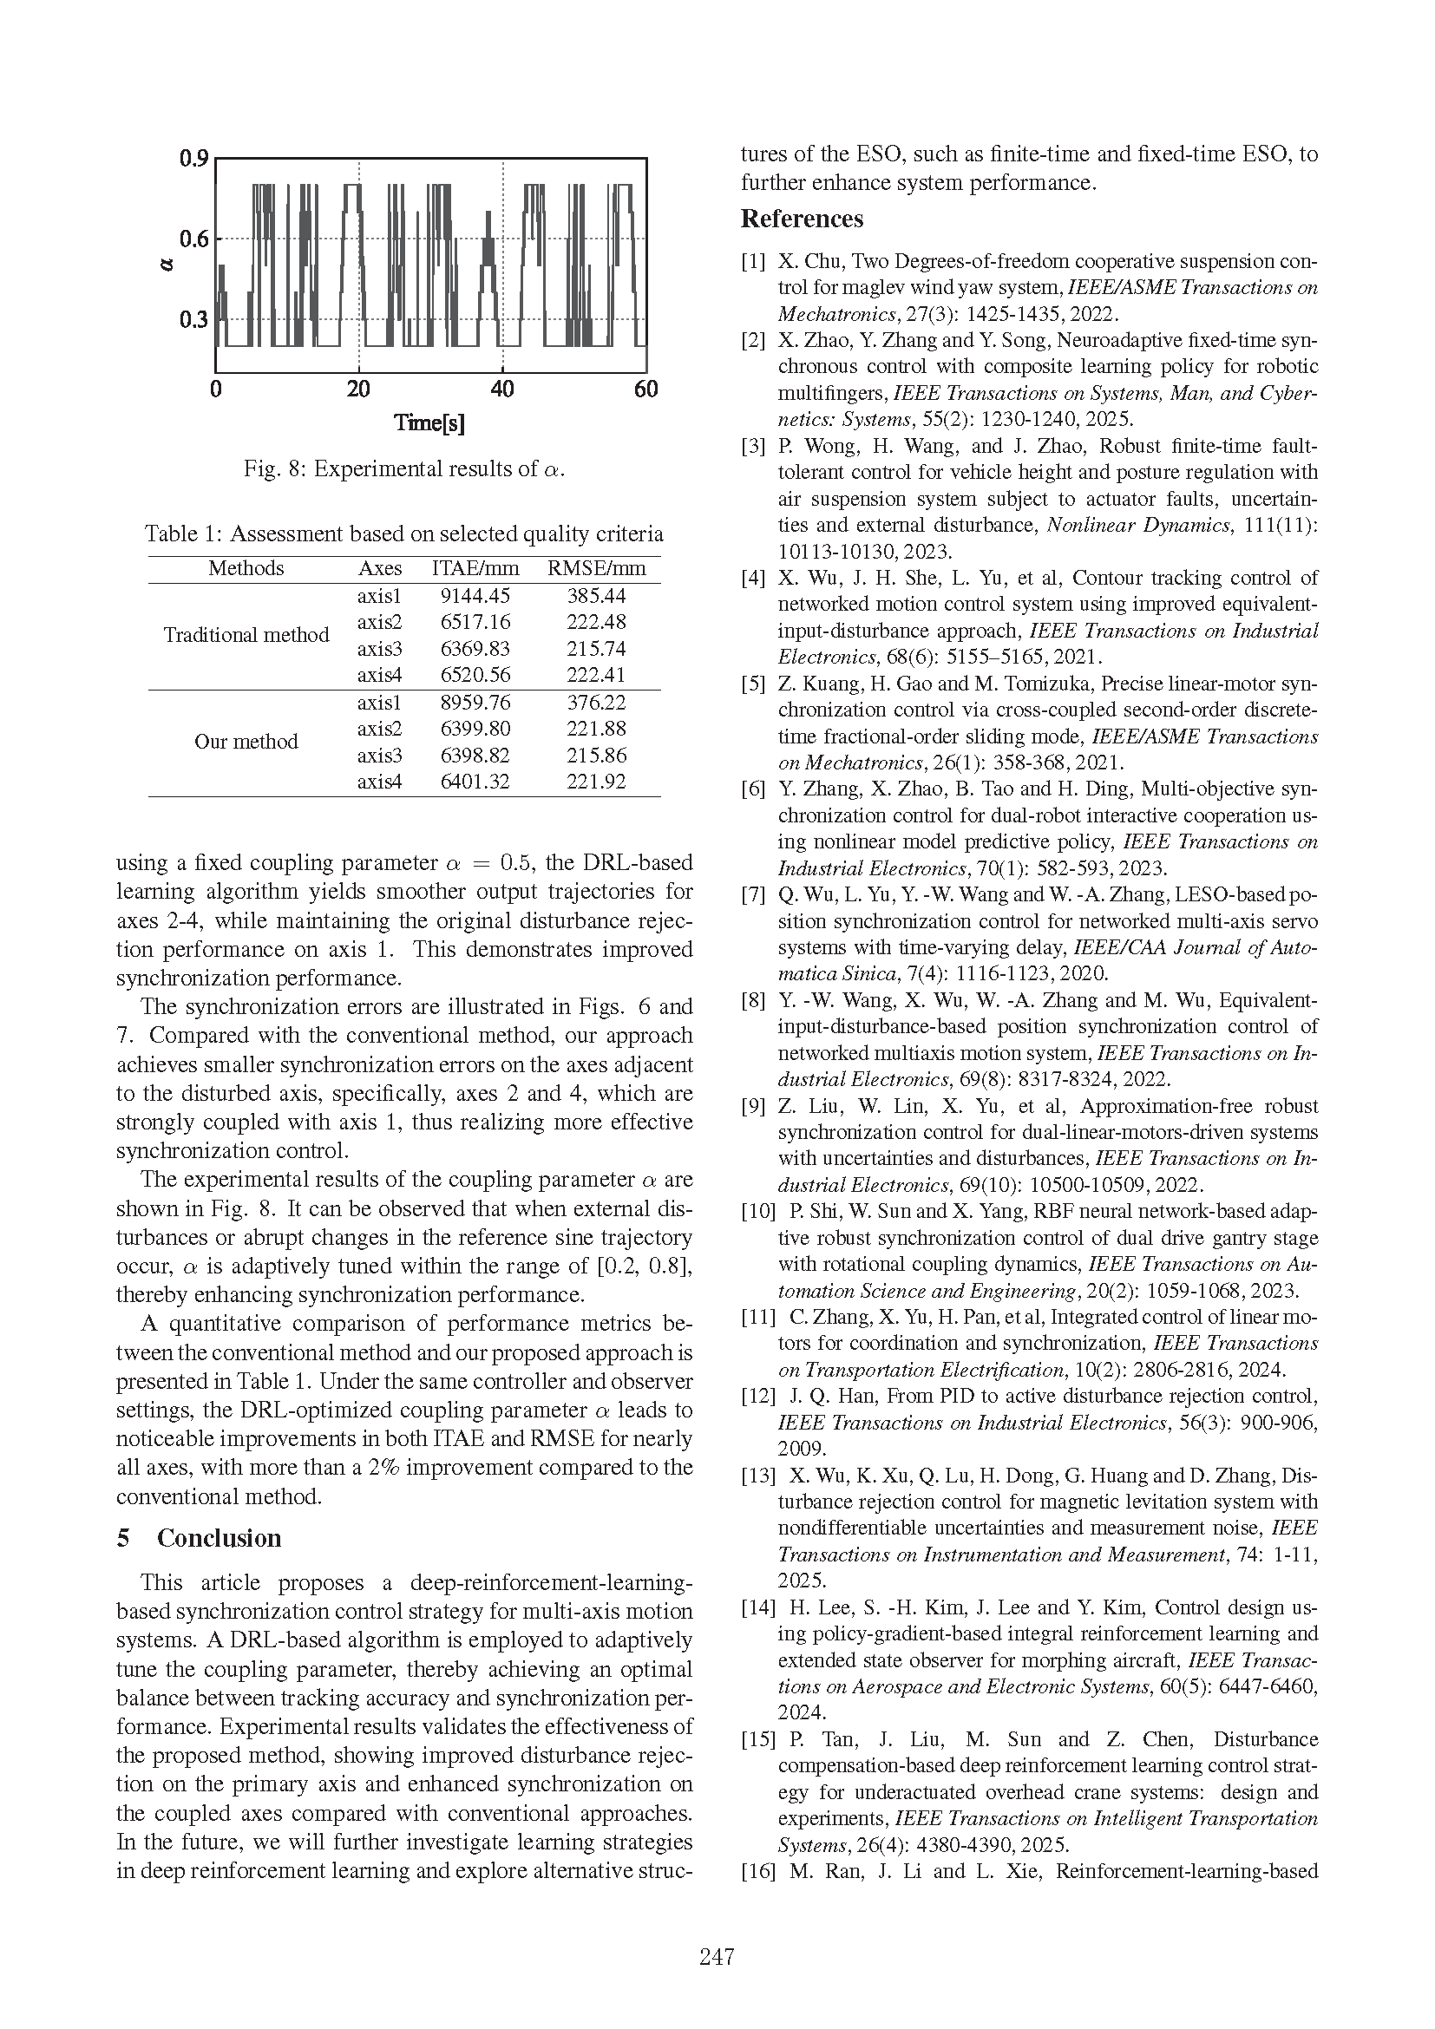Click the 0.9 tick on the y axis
point(193,159)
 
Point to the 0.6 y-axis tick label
point(193,239)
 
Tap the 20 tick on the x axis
point(357,389)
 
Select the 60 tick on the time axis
point(646,389)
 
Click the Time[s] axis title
point(429,423)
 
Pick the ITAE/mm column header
point(475,568)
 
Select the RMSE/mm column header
point(596,568)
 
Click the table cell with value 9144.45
point(475,597)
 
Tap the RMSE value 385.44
point(595,597)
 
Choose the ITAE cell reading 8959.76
point(475,703)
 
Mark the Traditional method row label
point(246,635)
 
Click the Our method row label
point(246,742)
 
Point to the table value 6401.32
point(475,782)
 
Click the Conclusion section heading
point(220,1539)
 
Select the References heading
point(802,219)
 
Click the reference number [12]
point(757,1397)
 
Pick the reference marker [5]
point(753,684)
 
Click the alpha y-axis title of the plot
point(168,265)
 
